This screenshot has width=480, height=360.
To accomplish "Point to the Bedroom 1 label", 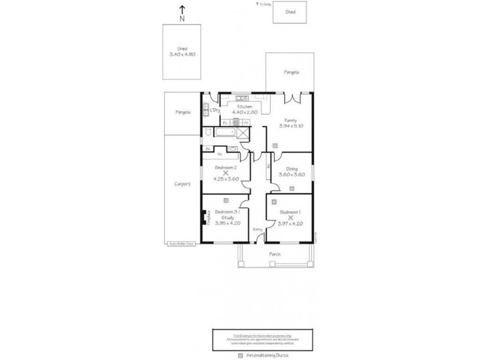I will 290,212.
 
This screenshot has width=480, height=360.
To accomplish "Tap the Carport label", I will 182,184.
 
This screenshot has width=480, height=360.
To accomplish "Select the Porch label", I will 274,254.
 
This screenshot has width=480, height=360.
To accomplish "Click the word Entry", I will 257,229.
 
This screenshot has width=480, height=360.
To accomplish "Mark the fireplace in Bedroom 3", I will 204,217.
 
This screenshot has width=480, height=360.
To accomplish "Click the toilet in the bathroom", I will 207,133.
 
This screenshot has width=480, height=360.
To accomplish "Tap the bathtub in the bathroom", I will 224,133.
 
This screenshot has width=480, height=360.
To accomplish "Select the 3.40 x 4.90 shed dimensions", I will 182,54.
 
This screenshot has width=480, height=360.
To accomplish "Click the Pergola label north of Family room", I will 291,73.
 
